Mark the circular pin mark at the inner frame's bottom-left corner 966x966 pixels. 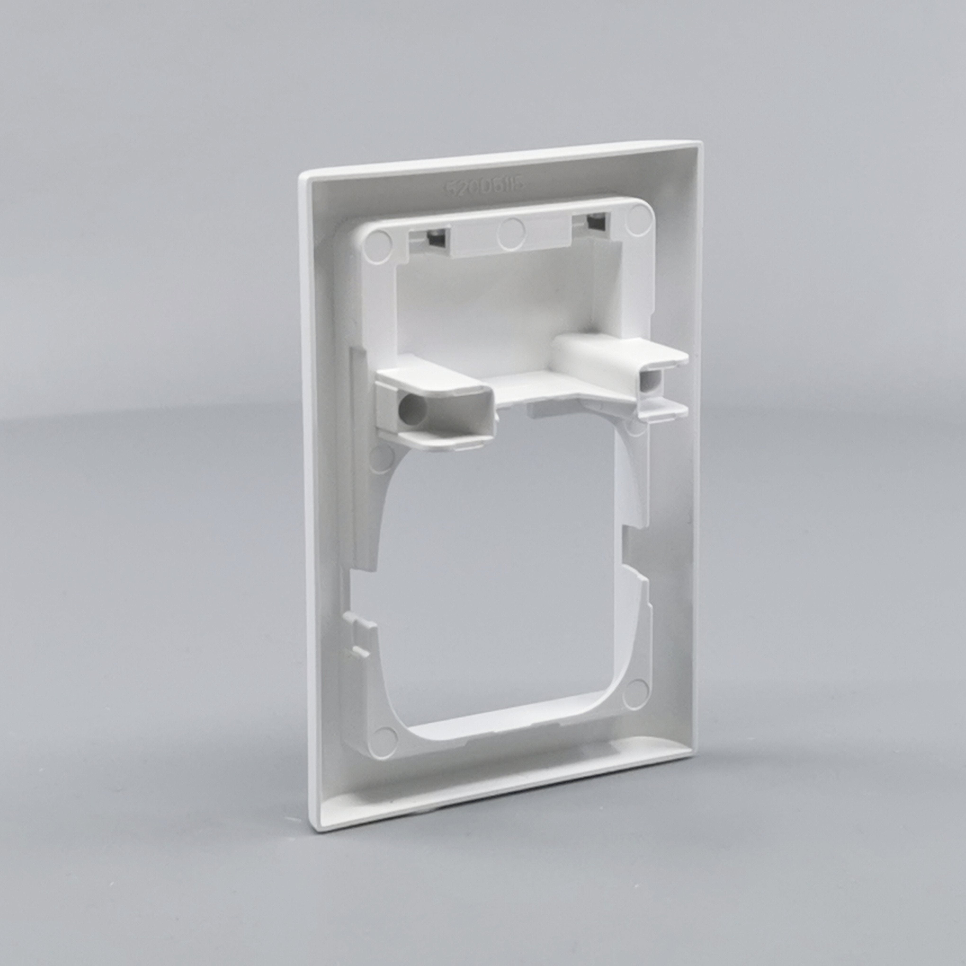385,738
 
